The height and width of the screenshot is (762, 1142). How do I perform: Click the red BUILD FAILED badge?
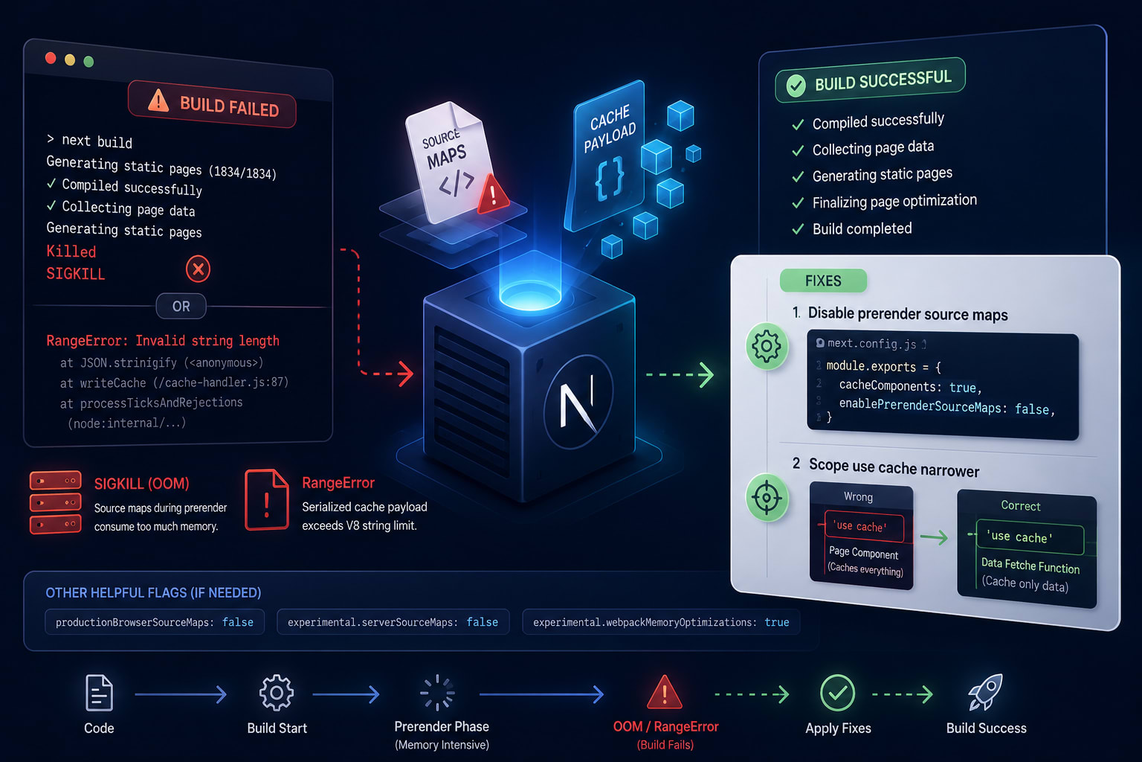coord(212,104)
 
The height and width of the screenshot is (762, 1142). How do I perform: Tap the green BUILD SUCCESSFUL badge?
coord(870,80)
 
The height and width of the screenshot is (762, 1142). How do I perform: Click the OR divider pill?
coord(181,307)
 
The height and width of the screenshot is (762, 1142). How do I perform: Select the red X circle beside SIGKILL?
coord(198,269)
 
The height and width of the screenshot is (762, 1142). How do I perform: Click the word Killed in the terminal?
coord(71,251)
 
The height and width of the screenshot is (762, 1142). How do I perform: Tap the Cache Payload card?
coord(607,156)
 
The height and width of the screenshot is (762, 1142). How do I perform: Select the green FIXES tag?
coord(823,281)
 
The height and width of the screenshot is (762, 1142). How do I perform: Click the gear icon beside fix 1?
coord(767,347)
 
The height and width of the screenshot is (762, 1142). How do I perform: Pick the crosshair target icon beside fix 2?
coord(767,498)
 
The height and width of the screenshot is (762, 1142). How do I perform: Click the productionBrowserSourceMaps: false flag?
coord(155,622)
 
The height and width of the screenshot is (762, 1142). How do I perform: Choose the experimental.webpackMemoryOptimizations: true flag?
coord(661,622)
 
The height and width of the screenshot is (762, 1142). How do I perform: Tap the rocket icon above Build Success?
coord(986,692)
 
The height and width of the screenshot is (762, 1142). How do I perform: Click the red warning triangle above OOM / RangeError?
coord(664,692)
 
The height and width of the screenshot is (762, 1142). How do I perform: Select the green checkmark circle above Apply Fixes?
coord(838,693)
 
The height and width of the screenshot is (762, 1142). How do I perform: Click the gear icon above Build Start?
coord(277,693)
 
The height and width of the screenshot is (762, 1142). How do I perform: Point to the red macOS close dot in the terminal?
coord(51,58)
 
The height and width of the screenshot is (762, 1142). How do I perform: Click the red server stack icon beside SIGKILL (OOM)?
coord(56,502)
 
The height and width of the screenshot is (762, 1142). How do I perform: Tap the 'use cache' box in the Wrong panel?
coord(864,526)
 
